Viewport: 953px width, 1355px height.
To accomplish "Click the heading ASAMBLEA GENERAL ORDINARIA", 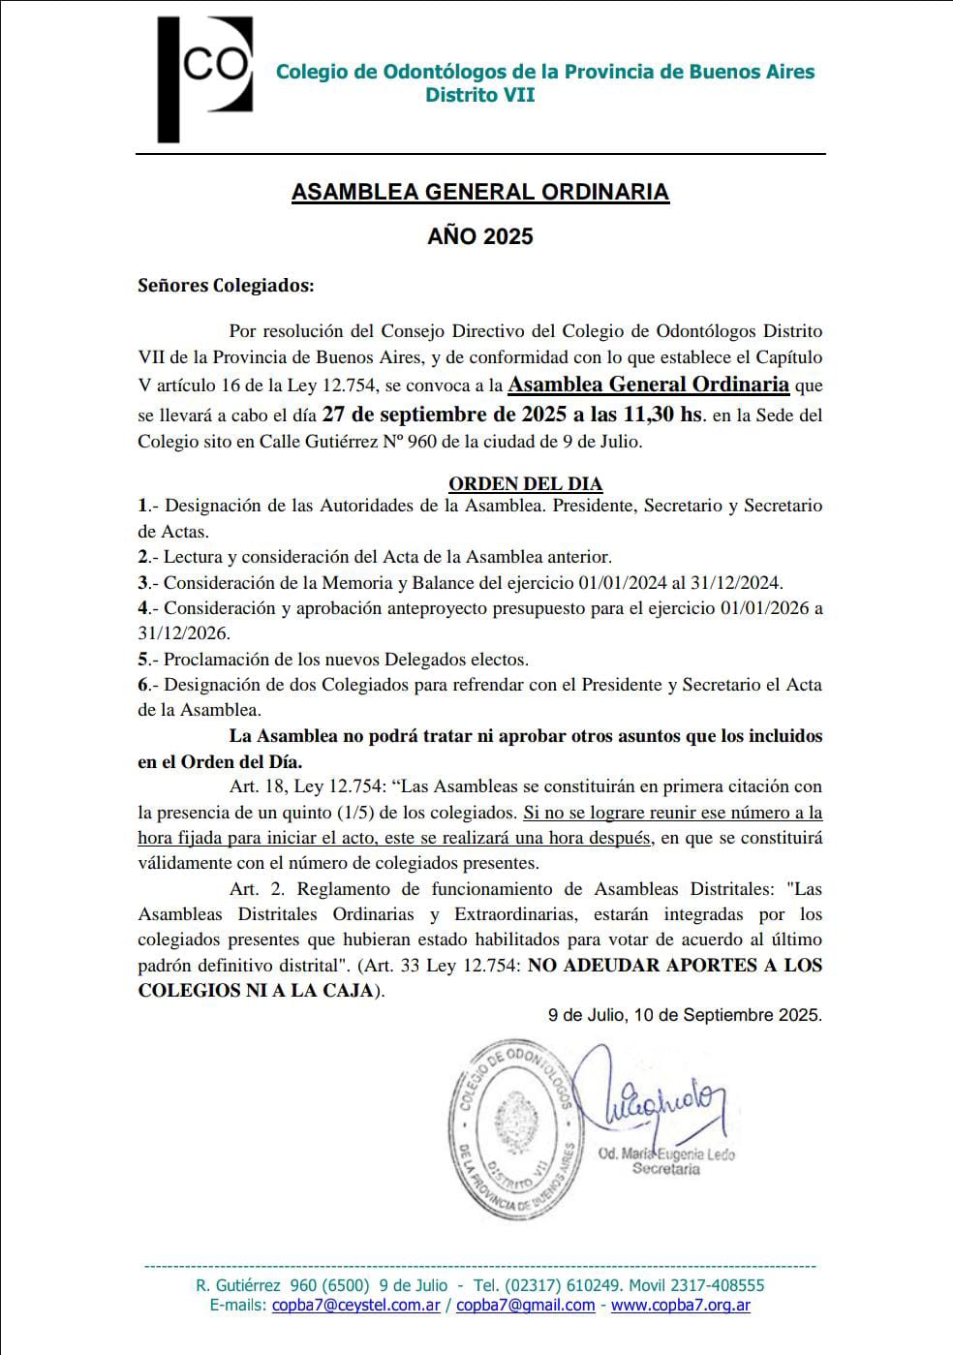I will pyautogui.click(x=480, y=192).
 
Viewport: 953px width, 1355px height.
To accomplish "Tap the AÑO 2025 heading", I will pyautogui.click(x=480, y=236).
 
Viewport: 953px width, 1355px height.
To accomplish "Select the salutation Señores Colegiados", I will pyautogui.click(x=226, y=286).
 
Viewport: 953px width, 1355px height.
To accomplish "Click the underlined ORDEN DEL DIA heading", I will pyautogui.click(x=525, y=483).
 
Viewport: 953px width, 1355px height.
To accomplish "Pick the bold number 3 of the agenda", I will pyautogui.click(x=143, y=583).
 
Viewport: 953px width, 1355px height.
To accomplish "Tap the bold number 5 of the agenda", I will pyautogui.click(x=143, y=660).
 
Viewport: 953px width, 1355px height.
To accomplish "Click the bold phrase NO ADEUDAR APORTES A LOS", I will pyautogui.click(x=675, y=966).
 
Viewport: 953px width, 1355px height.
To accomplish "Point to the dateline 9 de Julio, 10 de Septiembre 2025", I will pyautogui.click(x=685, y=1015).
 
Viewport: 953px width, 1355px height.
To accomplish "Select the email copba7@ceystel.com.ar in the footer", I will pyautogui.click(x=356, y=1306).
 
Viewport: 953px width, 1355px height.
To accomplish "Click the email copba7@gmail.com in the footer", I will pyautogui.click(x=526, y=1306).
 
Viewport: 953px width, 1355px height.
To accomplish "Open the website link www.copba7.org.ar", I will pyautogui.click(x=681, y=1306).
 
